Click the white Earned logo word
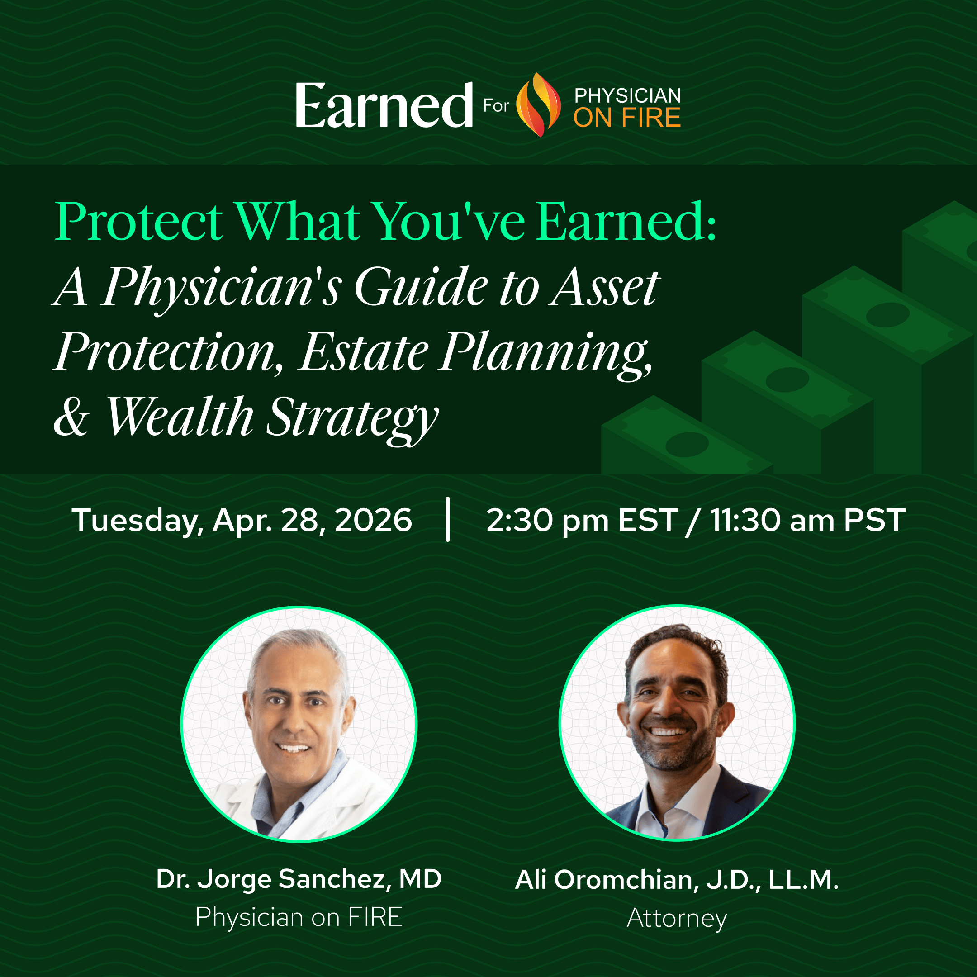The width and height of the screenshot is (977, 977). click(x=384, y=105)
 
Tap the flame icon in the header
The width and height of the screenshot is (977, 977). click(x=538, y=104)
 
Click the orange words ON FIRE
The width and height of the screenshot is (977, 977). click(x=627, y=117)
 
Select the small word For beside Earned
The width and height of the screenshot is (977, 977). click(x=496, y=106)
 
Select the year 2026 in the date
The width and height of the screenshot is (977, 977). click(x=373, y=520)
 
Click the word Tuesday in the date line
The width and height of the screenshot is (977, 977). click(x=137, y=522)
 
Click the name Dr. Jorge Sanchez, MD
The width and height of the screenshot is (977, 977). click(x=299, y=879)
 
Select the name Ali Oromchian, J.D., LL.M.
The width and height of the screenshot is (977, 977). click(x=677, y=880)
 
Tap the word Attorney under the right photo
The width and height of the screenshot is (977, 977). click(x=677, y=918)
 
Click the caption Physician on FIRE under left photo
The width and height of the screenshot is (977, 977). click(x=299, y=917)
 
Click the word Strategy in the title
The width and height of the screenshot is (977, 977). click(x=352, y=420)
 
